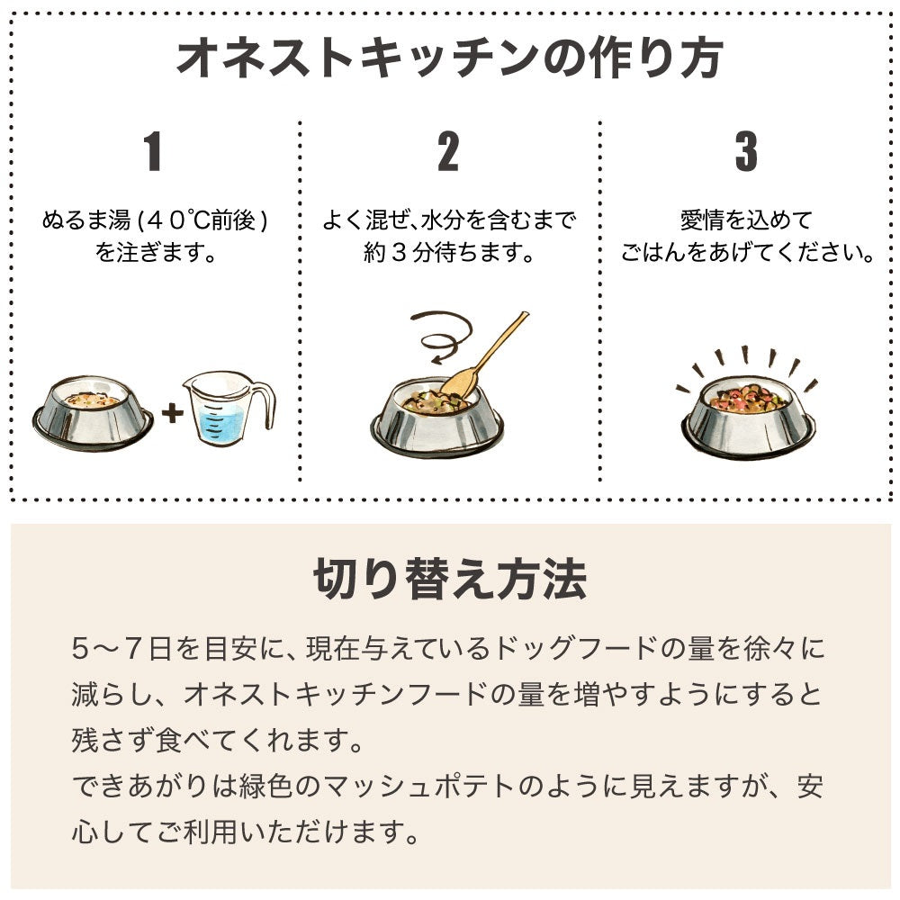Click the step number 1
[153, 152]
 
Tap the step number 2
[448, 152]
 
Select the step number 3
[746, 152]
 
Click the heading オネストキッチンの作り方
[449, 58]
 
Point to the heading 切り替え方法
[450, 580]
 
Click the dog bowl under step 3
[747, 417]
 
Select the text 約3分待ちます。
[449, 253]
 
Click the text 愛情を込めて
[746, 220]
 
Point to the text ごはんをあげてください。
[747, 253]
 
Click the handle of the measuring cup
[264, 405]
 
